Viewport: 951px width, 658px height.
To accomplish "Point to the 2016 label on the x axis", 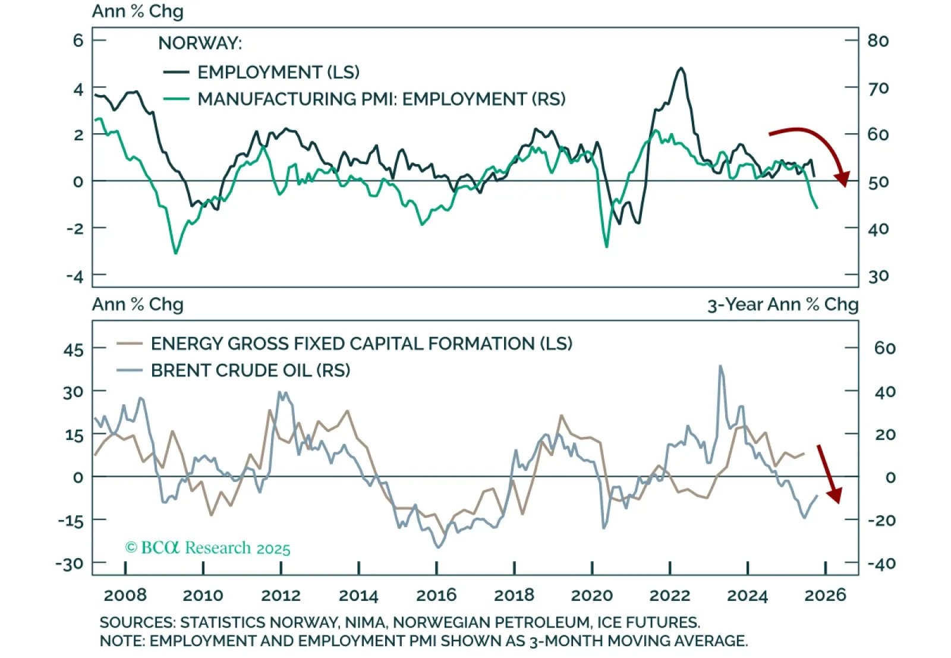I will click(x=436, y=595).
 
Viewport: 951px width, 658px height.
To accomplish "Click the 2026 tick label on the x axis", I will click(x=825, y=595).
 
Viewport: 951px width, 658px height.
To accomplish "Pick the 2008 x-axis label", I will click(x=125, y=595).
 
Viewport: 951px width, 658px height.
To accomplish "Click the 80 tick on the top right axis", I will click(x=878, y=40).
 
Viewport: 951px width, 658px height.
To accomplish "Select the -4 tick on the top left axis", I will click(x=75, y=276).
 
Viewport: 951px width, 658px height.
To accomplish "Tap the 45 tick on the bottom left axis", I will click(x=74, y=350).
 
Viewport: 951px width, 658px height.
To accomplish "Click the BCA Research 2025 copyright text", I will click(x=207, y=547).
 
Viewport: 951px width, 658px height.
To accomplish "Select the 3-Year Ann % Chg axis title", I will click(x=782, y=304).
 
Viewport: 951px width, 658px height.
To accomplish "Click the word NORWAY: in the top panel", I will click(x=200, y=43).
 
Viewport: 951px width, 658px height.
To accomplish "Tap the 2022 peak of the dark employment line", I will click(x=681, y=68).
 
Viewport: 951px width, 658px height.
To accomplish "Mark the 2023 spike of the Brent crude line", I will click(x=720, y=366).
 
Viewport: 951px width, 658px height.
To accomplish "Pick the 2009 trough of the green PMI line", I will click(x=175, y=253).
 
